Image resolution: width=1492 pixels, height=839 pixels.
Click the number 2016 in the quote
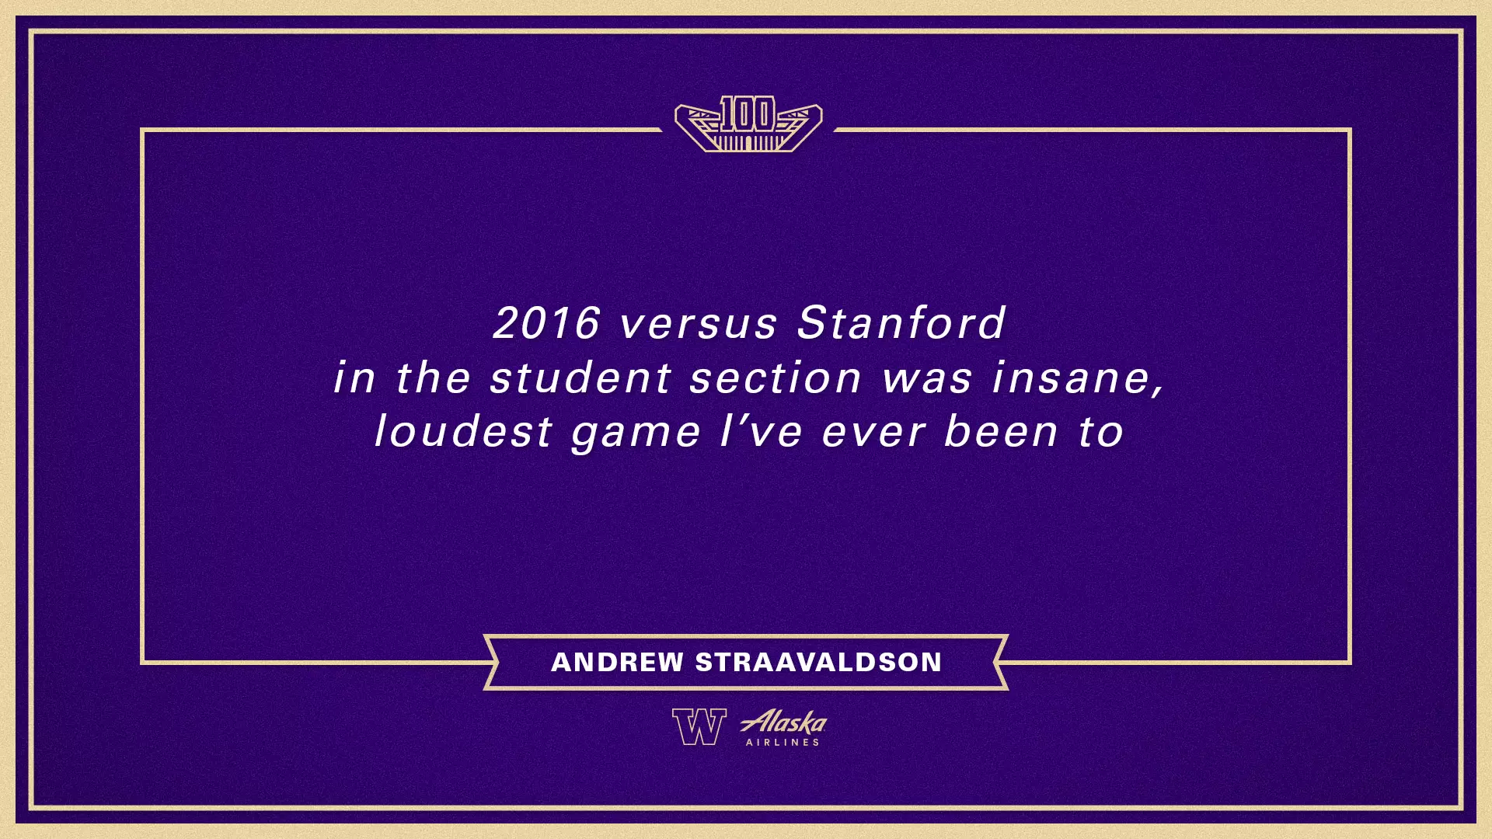546,323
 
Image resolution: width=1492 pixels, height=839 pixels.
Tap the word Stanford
901,323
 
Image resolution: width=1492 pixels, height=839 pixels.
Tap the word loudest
463,432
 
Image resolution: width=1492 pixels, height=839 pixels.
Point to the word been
1001,432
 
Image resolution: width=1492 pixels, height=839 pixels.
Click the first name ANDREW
617,662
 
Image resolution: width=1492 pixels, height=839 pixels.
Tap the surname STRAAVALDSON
818,662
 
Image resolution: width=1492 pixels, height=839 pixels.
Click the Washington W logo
699,727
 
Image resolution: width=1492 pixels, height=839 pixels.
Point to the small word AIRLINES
783,743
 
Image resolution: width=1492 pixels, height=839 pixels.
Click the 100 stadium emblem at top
748,124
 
